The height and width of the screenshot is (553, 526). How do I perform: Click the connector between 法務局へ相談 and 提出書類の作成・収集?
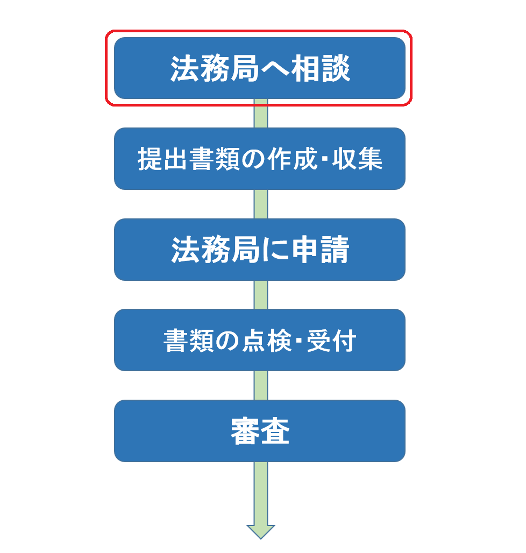(260, 113)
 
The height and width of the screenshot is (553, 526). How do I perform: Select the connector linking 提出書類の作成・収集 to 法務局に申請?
(260, 204)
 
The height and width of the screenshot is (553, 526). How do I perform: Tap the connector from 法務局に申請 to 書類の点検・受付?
(260, 294)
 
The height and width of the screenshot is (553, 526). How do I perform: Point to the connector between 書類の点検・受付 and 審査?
(260, 385)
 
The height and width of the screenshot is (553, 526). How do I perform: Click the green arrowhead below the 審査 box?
(260, 531)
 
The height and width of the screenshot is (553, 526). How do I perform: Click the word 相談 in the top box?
(321, 68)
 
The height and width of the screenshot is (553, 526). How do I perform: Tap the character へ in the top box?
(275, 69)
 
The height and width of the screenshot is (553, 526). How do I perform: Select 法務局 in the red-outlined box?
(215, 68)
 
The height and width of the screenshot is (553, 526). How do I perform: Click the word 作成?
(292, 159)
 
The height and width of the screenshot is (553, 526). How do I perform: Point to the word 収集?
(358, 159)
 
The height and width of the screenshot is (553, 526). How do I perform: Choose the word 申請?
(321, 250)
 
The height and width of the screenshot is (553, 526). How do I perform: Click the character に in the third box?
(276, 250)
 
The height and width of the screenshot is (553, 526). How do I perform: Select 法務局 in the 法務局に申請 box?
(216, 250)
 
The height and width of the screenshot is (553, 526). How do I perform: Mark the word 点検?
(267, 341)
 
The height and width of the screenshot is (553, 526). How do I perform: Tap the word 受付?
(331, 341)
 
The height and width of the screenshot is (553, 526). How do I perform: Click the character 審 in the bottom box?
(245, 431)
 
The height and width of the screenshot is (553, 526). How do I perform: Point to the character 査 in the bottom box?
(275, 431)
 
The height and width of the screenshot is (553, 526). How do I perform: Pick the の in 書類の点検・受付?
(228, 341)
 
